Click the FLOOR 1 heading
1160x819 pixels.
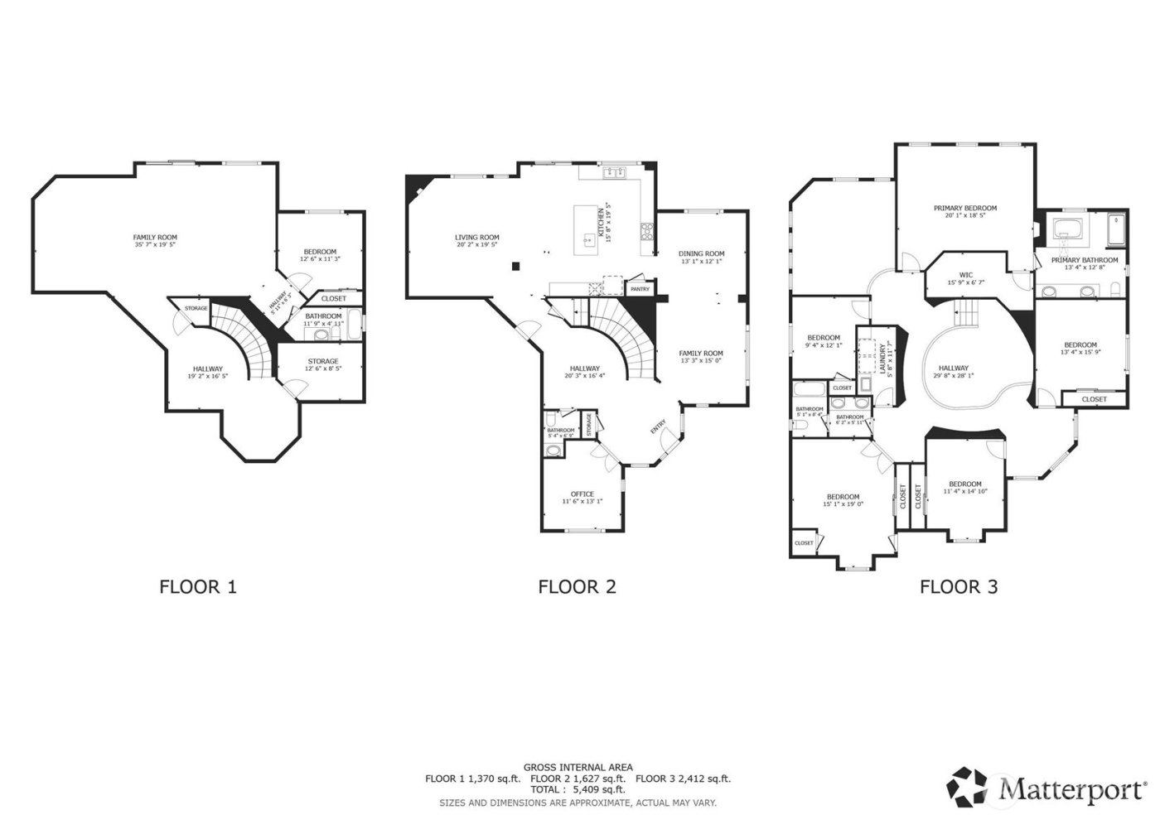(197, 587)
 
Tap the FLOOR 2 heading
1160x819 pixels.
(577, 587)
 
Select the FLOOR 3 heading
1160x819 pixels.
(958, 587)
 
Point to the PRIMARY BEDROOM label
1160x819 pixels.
(964, 209)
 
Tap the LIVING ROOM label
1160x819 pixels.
(476, 238)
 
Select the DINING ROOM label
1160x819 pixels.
(701, 253)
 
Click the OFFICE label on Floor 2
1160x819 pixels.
(582, 494)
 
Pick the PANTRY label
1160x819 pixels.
(639, 289)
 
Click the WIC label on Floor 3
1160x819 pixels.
(965, 274)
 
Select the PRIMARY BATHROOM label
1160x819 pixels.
(1084, 260)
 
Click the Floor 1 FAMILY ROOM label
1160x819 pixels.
(155, 238)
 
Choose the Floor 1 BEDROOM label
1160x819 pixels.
(319, 252)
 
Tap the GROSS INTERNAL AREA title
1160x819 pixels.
(578, 768)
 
